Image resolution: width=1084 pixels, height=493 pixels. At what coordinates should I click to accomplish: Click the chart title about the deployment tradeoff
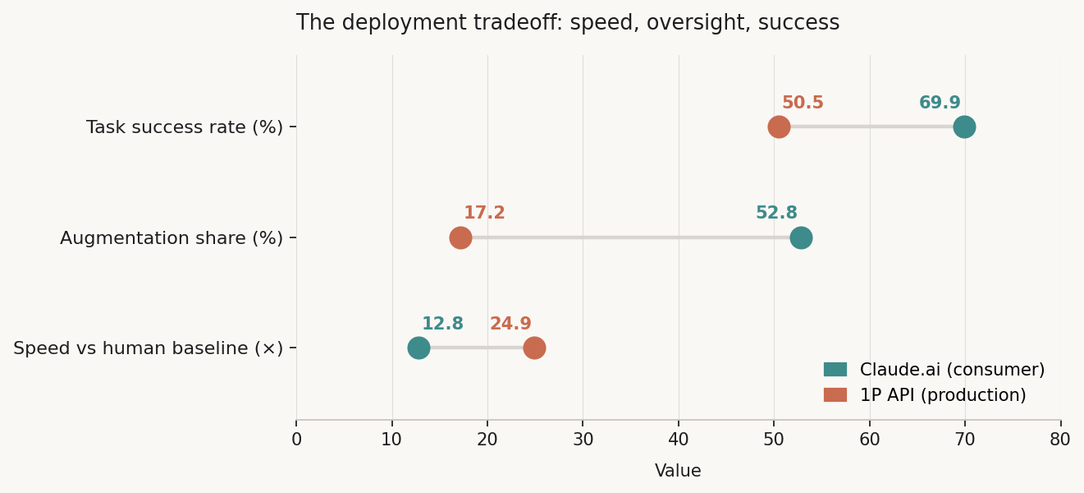568,23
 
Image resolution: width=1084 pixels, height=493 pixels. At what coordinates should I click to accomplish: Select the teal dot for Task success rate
964,127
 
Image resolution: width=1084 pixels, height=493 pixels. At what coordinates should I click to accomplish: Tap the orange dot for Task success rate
779,127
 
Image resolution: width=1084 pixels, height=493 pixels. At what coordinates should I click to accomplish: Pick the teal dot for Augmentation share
801,238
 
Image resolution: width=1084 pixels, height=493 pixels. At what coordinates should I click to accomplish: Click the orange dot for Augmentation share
460,238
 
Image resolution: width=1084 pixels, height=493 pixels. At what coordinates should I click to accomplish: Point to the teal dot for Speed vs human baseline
419,348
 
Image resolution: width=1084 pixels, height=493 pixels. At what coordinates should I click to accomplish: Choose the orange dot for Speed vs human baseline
534,348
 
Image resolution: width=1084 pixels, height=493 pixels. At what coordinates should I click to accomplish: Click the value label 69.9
940,104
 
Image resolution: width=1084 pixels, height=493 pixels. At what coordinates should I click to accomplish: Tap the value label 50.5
803,104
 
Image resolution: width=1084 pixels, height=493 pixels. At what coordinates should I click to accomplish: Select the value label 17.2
484,214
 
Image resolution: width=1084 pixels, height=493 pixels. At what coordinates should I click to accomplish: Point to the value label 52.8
776,214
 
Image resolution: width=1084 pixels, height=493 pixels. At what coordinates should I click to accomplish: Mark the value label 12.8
442,325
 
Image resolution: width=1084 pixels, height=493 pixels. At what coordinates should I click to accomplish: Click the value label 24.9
510,325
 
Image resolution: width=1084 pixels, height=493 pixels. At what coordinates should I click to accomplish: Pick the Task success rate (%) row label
185,127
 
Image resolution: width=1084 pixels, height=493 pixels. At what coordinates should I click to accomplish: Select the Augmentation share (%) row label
172,238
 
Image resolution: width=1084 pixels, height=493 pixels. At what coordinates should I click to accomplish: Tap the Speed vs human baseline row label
149,348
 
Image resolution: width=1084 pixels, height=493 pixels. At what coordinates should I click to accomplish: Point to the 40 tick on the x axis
679,440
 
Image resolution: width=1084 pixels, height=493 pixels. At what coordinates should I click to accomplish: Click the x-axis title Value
678,472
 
